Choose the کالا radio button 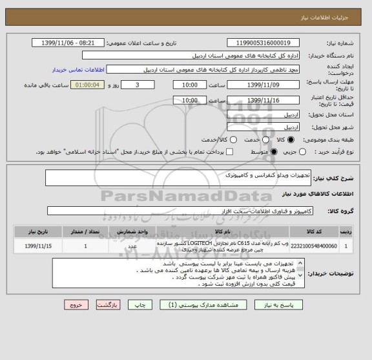(x=290, y=140)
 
